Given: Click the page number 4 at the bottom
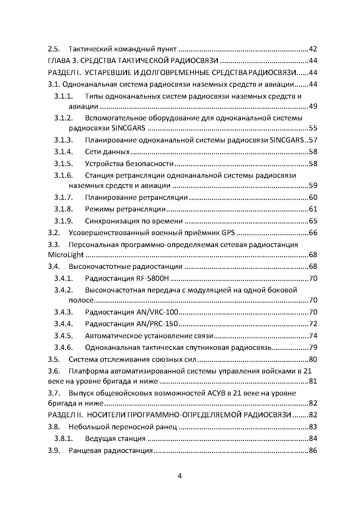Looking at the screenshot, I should click(x=180, y=476).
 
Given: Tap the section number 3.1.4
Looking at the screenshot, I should click(x=63, y=152).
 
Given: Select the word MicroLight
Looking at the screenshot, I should click(x=66, y=255).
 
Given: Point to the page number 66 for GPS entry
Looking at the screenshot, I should click(x=313, y=233).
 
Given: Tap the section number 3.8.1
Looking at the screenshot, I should click(x=63, y=439).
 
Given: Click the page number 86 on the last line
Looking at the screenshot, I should click(x=313, y=451).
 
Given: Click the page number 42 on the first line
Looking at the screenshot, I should click(x=313, y=49).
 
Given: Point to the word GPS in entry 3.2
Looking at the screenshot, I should click(x=228, y=233).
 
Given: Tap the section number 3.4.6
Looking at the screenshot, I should click(x=63, y=348).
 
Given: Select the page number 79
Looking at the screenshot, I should click(x=313, y=348).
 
